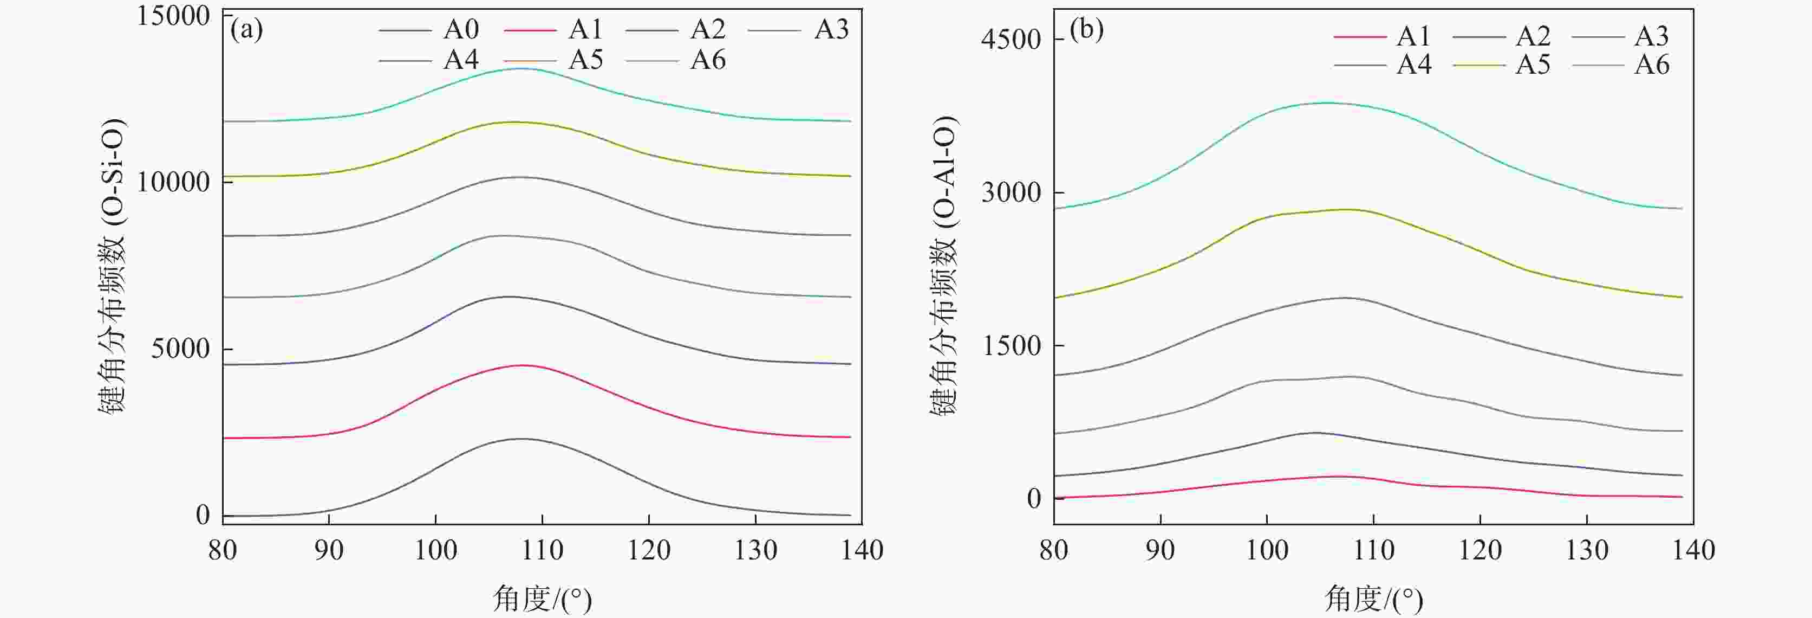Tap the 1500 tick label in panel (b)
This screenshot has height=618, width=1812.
[x=1011, y=346]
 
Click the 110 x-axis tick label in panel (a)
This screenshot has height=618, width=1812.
[x=542, y=550]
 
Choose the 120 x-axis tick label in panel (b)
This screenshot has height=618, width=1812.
[x=1480, y=550]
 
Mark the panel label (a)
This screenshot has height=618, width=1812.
[x=246, y=30]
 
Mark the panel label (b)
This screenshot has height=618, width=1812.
[x=1086, y=30]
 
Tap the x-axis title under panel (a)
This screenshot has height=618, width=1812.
[x=542, y=600]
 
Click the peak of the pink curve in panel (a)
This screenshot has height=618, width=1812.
[x=522, y=365]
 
